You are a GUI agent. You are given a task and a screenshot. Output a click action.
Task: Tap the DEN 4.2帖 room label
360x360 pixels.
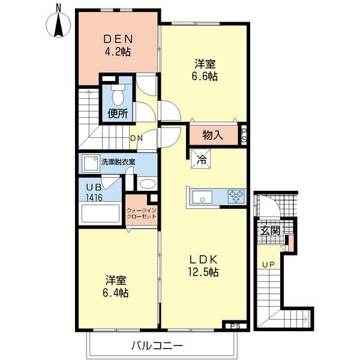click(116, 44)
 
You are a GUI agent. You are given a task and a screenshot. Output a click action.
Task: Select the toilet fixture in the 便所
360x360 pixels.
click(118, 94)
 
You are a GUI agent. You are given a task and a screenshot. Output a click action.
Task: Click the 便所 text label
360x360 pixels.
click(118, 113)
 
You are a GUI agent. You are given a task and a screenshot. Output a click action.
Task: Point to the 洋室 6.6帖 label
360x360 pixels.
click(205, 70)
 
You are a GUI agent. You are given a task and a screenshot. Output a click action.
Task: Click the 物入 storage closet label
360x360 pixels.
click(213, 135)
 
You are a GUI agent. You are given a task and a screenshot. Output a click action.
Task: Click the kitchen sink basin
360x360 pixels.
click(201, 196)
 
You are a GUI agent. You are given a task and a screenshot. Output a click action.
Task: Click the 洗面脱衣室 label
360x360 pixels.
click(118, 161)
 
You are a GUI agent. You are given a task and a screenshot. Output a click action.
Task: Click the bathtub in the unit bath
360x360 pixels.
click(100, 214)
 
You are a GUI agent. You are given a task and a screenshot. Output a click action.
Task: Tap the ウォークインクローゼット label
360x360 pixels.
click(142, 214)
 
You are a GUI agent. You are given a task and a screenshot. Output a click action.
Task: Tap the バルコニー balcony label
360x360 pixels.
click(156, 346)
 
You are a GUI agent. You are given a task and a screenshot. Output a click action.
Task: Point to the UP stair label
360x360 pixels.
click(267, 264)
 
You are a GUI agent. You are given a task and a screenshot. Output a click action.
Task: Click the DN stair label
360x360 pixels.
click(137, 138)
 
